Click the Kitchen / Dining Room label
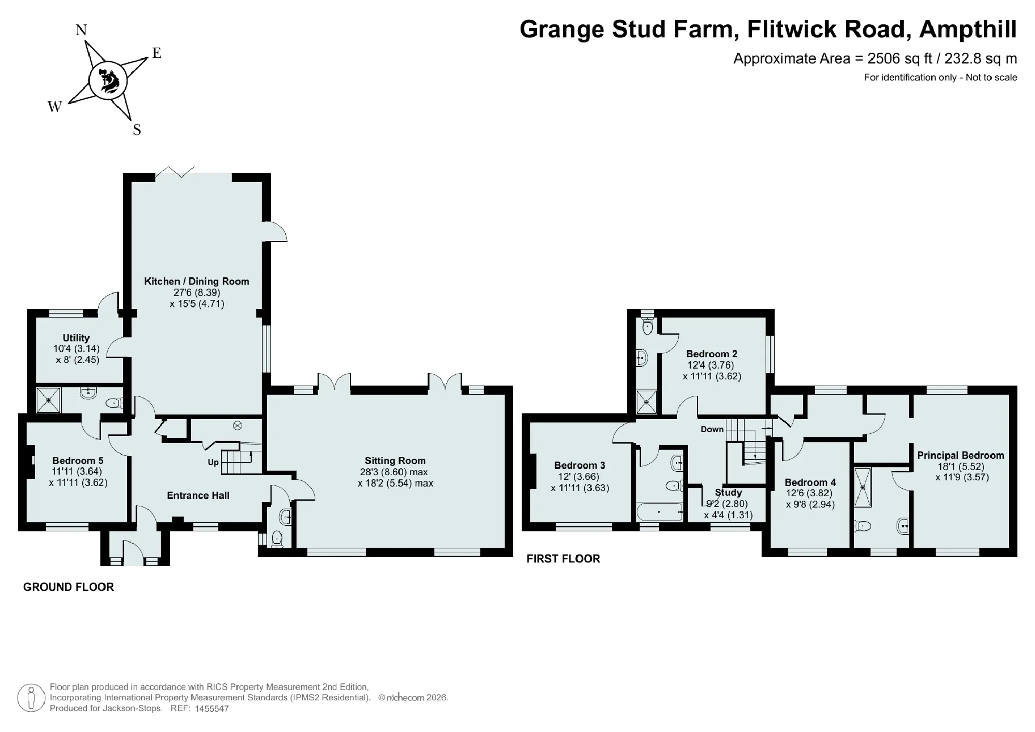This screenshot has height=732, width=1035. click(x=197, y=281)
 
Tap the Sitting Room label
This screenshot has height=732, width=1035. click(x=395, y=460)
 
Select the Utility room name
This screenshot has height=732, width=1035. click(x=76, y=338)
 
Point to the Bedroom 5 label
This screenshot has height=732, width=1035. click(x=78, y=460)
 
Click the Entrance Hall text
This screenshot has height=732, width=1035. click(x=198, y=495)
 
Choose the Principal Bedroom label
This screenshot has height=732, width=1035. click(x=960, y=455)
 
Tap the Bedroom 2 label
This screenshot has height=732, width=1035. click(x=712, y=354)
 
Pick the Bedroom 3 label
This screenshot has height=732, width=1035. click(x=580, y=465)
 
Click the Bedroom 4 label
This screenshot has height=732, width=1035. click(x=810, y=482)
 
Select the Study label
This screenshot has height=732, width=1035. click(x=728, y=492)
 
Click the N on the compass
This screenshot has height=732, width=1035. click(x=81, y=30)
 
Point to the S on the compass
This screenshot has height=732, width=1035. click(x=137, y=129)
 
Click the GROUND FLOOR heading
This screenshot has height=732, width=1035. click(x=68, y=587)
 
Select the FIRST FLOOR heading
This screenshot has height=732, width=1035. click(x=563, y=559)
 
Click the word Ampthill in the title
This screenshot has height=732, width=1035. click(x=968, y=29)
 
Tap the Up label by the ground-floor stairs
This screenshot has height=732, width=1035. click(x=213, y=462)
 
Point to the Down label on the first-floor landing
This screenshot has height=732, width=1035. click(x=712, y=429)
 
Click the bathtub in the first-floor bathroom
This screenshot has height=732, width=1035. click(x=659, y=511)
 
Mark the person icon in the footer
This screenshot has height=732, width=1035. click(x=31, y=697)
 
